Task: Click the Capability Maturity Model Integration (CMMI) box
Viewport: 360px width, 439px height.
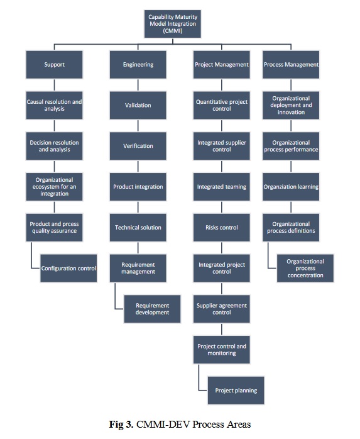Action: coord(173,24)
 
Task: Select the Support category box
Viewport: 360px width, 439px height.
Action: coord(54,65)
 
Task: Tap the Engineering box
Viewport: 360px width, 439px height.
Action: coord(138,65)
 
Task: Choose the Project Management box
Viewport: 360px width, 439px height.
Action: coord(222,65)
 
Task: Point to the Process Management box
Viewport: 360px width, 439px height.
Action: coord(291,65)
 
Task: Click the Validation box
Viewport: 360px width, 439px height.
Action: coord(138,105)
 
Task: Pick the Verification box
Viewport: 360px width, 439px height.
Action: coord(138,146)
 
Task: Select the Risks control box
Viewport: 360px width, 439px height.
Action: coord(222,228)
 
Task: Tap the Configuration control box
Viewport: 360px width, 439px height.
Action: coord(68,268)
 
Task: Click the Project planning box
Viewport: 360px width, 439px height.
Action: coord(236,391)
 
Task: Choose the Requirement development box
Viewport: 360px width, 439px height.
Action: coord(152,309)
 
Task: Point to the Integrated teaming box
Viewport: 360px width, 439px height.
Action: coord(222,187)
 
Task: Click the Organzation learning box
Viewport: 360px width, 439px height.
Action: coord(291,187)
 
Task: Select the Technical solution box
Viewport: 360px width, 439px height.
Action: coord(138,228)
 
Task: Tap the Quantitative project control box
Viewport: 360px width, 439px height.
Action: coord(222,105)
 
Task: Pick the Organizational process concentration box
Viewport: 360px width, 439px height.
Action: coord(305,268)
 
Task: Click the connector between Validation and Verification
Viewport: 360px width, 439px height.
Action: coord(138,126)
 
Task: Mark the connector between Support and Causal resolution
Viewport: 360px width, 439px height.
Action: coord(54,85)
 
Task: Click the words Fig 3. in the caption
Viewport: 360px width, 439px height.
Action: coord(121,425)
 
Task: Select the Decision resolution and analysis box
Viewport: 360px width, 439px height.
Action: coord(54,146)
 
